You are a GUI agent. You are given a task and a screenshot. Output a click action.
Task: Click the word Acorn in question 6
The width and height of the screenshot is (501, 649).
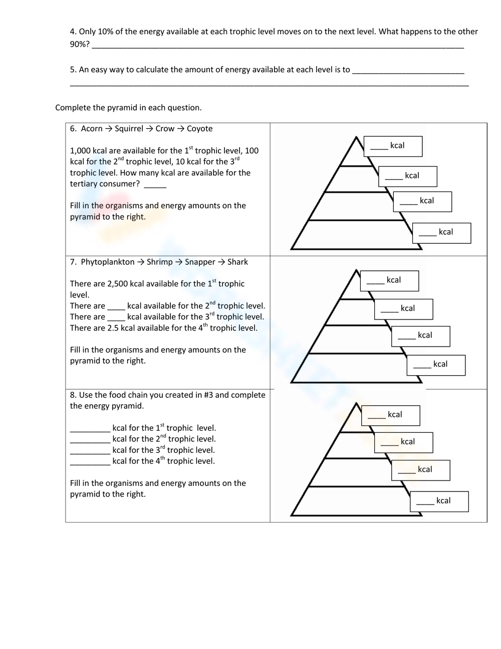(x=92, y=129)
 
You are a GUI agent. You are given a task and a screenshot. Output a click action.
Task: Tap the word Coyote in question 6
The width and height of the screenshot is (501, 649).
(x=199, y=129)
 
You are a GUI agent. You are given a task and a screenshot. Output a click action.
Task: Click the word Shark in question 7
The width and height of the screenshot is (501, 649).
(x=237, y=262)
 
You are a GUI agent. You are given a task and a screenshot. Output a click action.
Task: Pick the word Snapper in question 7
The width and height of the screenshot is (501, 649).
(x=200, y=262)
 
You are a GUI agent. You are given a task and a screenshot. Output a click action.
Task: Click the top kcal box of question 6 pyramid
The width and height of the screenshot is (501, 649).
(x=393, y=146)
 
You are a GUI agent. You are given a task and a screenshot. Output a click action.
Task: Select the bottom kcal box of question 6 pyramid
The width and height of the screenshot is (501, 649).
(x=441, y=233)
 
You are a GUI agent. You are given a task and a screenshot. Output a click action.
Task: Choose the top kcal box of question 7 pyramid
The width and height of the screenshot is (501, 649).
(x=389, y=280)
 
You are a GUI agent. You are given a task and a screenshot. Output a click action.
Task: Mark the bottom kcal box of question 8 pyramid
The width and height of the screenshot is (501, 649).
(x=439, y=502)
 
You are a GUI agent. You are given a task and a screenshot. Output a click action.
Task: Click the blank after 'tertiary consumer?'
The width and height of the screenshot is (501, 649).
(x=155, y=185)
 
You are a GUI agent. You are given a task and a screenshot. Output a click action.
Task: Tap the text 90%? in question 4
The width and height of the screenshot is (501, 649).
(x=80, y=45)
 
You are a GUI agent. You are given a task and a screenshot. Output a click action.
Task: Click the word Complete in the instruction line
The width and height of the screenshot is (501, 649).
(x=72, y=108)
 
